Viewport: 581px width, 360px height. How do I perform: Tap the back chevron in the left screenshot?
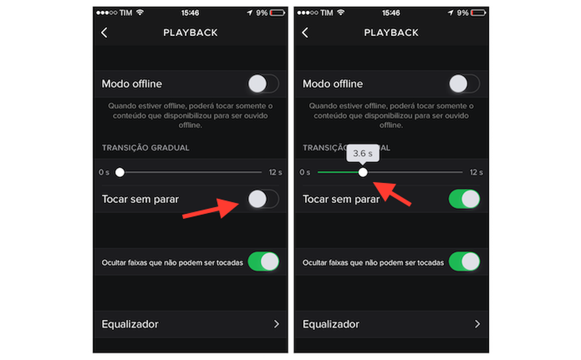coord(105,33)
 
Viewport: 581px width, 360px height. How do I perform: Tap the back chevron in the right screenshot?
coord(305,33)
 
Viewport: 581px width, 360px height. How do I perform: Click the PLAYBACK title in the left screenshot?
coord(190,33)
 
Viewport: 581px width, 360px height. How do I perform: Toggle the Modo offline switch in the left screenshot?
coord(263,84)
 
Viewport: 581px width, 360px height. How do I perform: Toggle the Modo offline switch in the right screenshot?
coord(464,84)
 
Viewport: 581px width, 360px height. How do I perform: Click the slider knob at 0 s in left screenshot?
coord(120,172)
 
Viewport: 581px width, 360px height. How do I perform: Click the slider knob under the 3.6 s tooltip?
coord(363,172)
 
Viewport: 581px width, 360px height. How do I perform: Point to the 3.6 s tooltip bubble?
coord(363,153)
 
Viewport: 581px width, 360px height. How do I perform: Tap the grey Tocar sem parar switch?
coord(263,199)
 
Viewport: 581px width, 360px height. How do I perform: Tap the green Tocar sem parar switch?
coord(464,199)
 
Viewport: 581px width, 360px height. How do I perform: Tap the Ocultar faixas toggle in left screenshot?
coord(263,261)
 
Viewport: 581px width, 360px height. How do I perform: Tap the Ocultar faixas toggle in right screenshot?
coord(464,261)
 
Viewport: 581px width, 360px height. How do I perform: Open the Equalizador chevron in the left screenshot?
coord(276,324)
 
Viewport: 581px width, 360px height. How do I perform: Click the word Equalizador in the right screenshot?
coord(331,324)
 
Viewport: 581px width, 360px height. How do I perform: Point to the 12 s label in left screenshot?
coord(276,172)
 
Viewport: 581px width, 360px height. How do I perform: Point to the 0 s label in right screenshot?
coord(305,172)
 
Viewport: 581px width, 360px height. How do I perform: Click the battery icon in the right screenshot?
coord(480,12)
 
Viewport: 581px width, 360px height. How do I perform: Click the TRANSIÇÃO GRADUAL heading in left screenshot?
coord(145,148)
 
